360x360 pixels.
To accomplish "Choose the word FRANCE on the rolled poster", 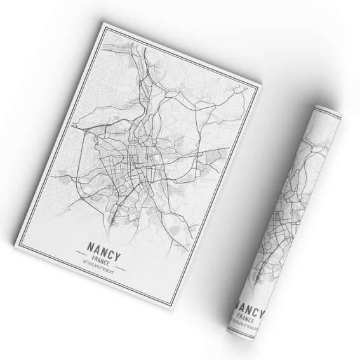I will pyautogui.click(x=245, y=319).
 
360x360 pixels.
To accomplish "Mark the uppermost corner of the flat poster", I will pyautogui.click(x=103, y=23).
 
